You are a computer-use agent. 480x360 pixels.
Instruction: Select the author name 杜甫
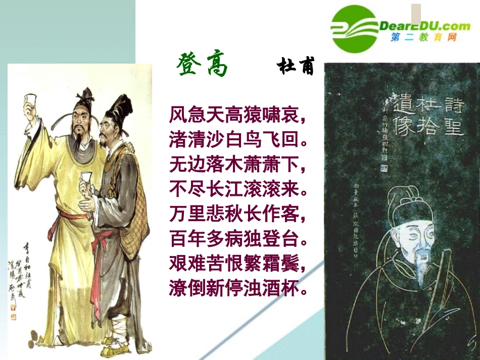click(x=296, y=67)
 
